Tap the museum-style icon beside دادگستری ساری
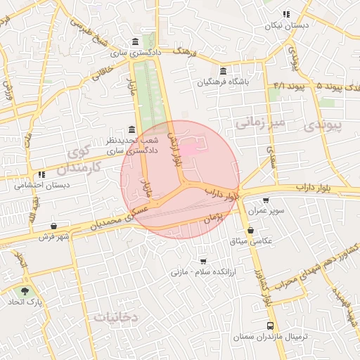click(x=135, y=40)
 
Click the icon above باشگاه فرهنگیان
click(x=223, y=70)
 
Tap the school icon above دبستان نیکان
click(x=286, y=14)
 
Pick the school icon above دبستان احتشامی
click(x=41, y=174)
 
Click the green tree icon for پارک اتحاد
click(x=26, y=290)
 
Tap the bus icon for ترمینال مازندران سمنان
click(x=270, y=326)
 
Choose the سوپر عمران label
click(x=269, y=211)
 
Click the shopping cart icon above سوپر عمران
click(x=265, y=200)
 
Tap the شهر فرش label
click(x=55, y=236)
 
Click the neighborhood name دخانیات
click(x=115, y=316)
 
